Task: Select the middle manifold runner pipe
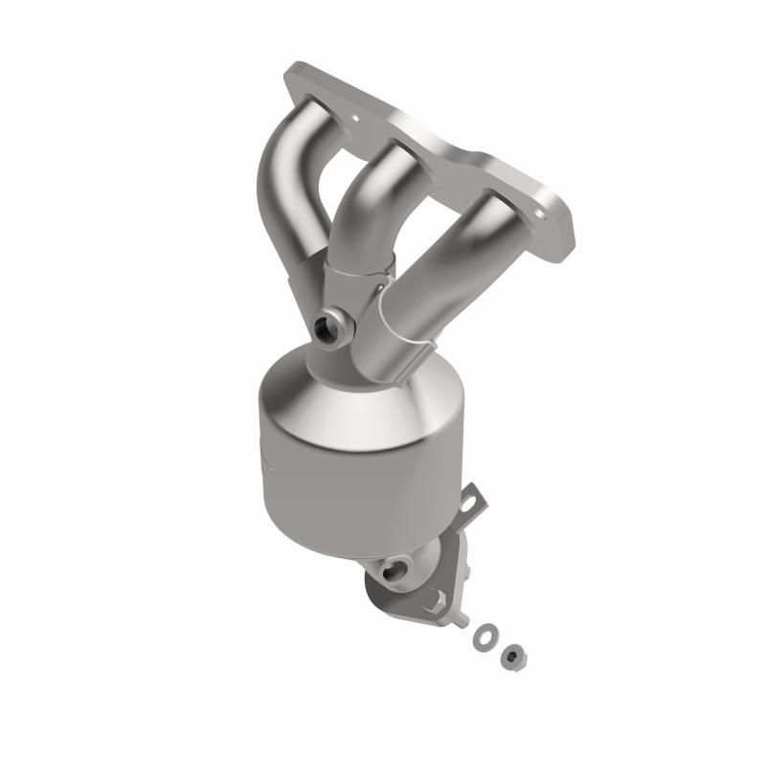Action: pyautogui.click(x=369, y=201)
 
